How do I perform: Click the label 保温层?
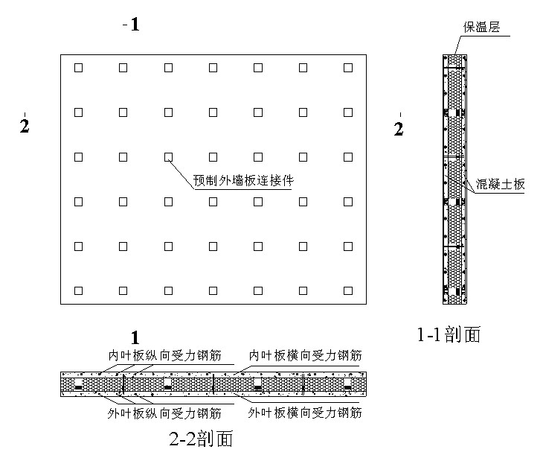pos(481,28)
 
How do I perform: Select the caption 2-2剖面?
pos(201,438)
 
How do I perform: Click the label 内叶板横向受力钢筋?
pos(305,355)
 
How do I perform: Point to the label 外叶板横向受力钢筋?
pos(305,413)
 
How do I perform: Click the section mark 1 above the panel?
pos(135,25)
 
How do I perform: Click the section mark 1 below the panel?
pos(135,337)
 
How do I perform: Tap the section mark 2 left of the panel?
pos(24,126)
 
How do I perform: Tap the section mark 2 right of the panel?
pos(399,129)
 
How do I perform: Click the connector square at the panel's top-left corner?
pos(78,68)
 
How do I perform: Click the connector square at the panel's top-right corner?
pos(348,68)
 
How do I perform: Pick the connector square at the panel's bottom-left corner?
pos(78,289)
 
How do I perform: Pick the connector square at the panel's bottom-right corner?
pos(348,289)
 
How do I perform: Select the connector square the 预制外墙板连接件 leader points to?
pos(168,156)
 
